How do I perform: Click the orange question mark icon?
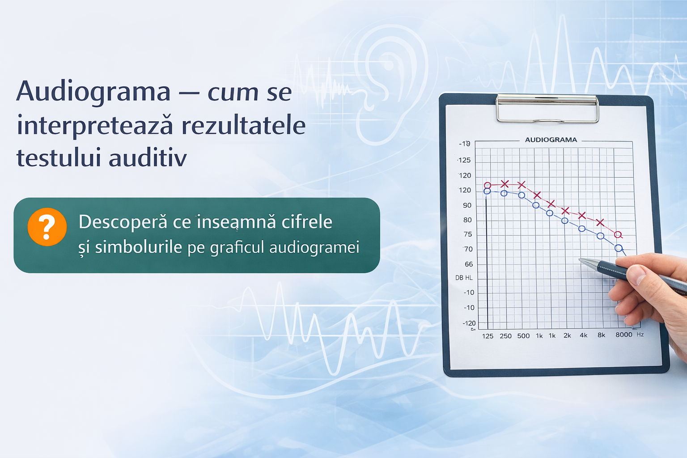click(47, 227)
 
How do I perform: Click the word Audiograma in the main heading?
click(93, 92)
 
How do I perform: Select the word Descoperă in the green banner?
click(123, 222)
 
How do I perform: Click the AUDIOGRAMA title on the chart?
click(551, 140)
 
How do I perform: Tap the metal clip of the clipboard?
click(547, 108)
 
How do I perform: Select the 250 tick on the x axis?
click(505, 336)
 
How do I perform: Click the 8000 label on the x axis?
click(623, 335)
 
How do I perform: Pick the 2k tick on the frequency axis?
click(567, 335)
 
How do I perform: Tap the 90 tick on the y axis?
click(467, 205)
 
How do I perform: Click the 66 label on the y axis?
click(468, 264)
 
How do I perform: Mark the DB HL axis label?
click(464, 278)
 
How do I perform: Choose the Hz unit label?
click(640, 335)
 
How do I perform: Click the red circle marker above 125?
click(488, 185)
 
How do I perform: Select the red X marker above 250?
click(505, 184)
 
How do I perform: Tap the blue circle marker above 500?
click(522, 195)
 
